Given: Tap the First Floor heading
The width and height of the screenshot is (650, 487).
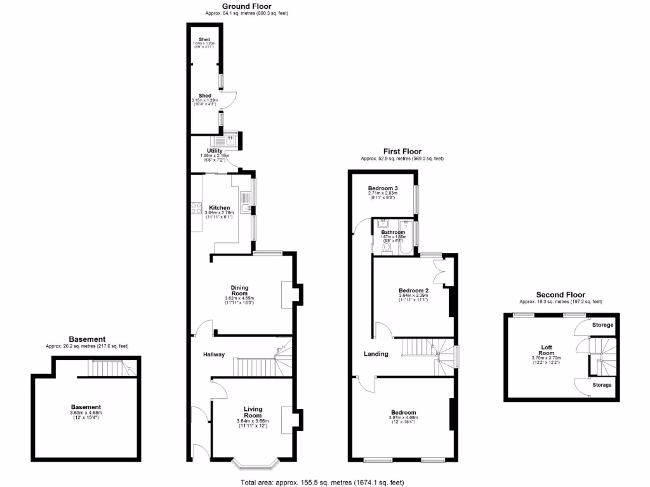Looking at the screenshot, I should pos(402,152).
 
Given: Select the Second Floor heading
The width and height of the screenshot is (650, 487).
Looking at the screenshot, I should pos(560,295).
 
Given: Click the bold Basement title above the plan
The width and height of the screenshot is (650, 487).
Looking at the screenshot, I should pos(87,339).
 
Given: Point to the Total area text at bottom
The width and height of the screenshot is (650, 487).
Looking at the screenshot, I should pos(322,483).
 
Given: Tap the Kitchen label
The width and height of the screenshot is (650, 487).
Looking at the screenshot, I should pos(220,207).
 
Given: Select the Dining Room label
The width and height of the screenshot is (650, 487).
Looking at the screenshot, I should pos(239,290).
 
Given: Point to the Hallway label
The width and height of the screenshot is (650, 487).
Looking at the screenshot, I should pos(214,354).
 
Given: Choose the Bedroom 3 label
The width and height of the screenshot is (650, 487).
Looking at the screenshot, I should pos(383,189).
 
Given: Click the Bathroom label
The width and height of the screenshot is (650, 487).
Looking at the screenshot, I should pos(393,232).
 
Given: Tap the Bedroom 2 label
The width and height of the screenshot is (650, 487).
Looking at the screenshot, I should pos(413,290).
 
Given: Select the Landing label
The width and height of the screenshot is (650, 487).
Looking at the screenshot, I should pos(376,354).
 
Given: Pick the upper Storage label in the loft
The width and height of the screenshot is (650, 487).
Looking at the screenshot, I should pos(602,325).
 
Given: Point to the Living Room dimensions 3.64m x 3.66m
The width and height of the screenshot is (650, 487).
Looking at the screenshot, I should pos(252,421).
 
